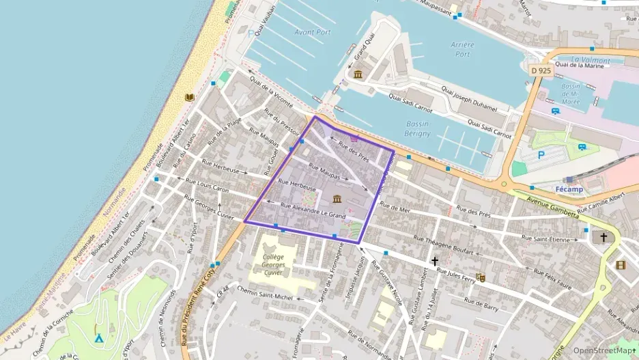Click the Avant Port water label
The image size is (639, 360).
coord(313,32)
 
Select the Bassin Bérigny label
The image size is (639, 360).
coord(417,128)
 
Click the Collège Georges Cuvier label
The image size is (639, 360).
coord(272,263)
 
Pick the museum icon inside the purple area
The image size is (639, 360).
coord(337,199)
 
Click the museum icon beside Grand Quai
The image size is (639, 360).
coord(358,74)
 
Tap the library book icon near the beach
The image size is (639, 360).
coord(189,97)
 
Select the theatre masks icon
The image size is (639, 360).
coord(480,277)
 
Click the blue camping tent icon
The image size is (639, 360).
coord(99,337)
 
